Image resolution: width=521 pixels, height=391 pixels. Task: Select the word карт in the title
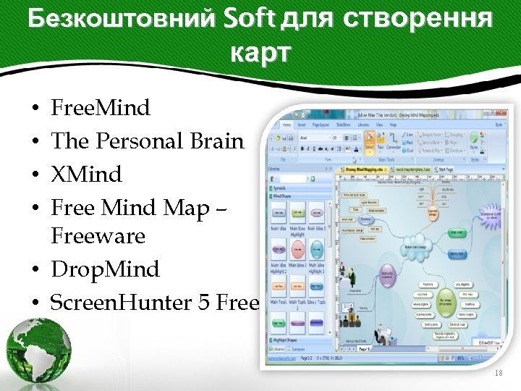point(260,52)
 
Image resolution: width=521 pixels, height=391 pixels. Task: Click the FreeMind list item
point(101,109)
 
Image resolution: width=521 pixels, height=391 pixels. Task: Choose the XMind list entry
point(86,175)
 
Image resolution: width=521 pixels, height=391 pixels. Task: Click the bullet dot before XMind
point(35,175)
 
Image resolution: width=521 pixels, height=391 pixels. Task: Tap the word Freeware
point(98,236)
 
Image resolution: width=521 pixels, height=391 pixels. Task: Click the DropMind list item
point(105,269)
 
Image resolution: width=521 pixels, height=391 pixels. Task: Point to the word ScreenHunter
point(116,303)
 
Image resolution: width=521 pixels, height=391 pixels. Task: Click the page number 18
point(497,373)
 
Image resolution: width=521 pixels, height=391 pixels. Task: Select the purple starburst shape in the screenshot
point(493,216)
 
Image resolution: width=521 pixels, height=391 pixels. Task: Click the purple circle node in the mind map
point(388,274)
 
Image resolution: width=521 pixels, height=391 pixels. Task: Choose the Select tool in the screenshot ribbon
point(370,140)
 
